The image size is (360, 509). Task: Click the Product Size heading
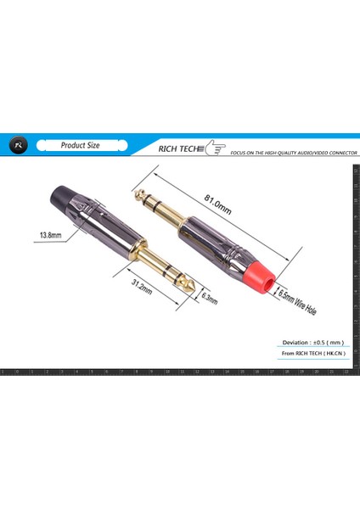pos(80,145)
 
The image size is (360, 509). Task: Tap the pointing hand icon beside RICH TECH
pos(216,148)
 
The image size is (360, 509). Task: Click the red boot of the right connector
pos(267,275)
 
